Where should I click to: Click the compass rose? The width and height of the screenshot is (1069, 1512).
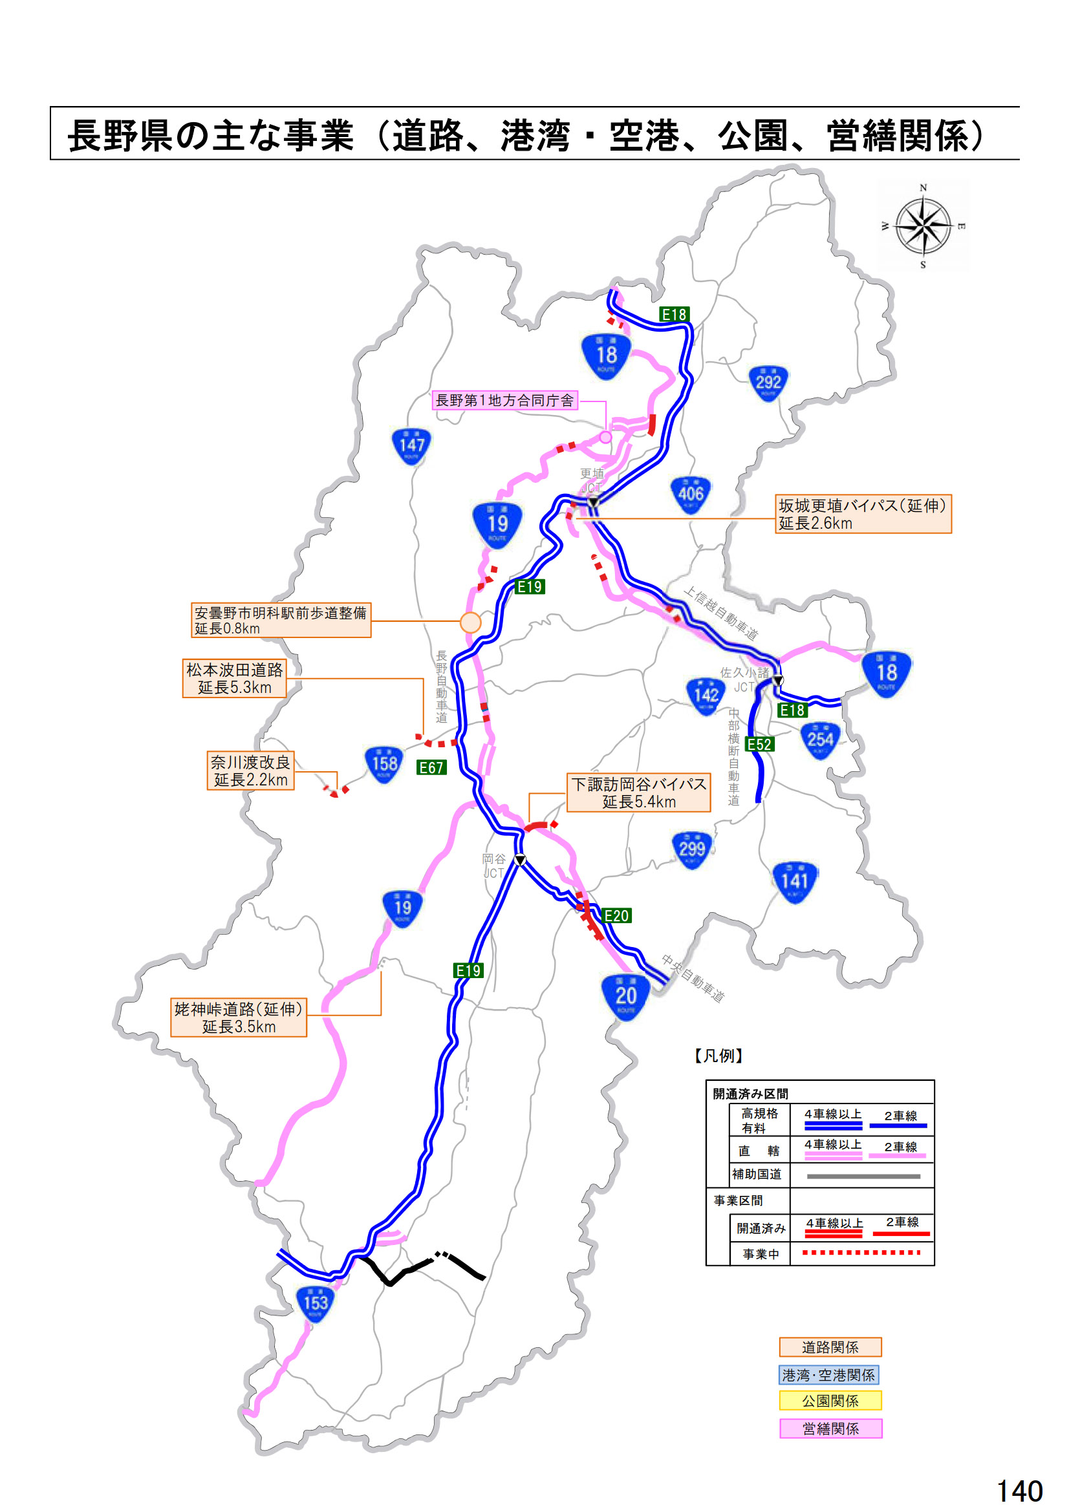pyautogui.click(x=923, y=226)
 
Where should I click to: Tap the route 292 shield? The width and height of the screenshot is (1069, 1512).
pyautogui.click(x=768, y=383)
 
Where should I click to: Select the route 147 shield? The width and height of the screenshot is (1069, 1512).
pyautogui.click(x=411, y=446)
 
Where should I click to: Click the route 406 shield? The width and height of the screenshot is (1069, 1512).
pyautogui.click(x=690, y=494)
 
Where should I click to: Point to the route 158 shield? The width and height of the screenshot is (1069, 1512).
pyautogui.click(x=384, y=764)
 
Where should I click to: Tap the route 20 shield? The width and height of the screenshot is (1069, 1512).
pyautogui.click(x=625, y=996)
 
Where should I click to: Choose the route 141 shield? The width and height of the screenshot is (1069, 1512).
pyautogui.click(x=794, y=881)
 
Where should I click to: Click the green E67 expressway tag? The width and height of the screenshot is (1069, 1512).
pyautogui.click(x=431, y=767)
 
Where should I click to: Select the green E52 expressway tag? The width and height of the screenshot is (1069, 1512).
pyautogui.click(x=759, y=744)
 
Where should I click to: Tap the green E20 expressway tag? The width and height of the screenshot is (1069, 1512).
pyautogui.click(x=616, y=915)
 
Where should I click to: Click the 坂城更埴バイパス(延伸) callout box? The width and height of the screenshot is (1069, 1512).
pyautogui.click(x=863, y=514)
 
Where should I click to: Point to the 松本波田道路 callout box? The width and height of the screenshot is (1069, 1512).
pyautogui.click(x=235, y=677)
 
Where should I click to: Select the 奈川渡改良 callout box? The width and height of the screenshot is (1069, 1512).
pyautogui.click(x=250, y=771)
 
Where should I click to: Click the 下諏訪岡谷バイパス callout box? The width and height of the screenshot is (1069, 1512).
pyautogui.click(x=638, y=793)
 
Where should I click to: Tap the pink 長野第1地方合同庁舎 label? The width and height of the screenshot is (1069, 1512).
pyautogui.click(x=504, y=399)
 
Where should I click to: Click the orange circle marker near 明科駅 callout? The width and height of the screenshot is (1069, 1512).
pyautogui.click(x=470, y=622)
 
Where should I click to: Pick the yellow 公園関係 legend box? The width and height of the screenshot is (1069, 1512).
pyautogui.click(x=830, y=1401)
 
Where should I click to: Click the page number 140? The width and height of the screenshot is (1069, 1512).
pyautogui.click(x=1020, y=1491)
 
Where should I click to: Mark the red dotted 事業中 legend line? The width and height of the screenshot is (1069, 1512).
pyautogui.click(x=861, y=1252)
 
